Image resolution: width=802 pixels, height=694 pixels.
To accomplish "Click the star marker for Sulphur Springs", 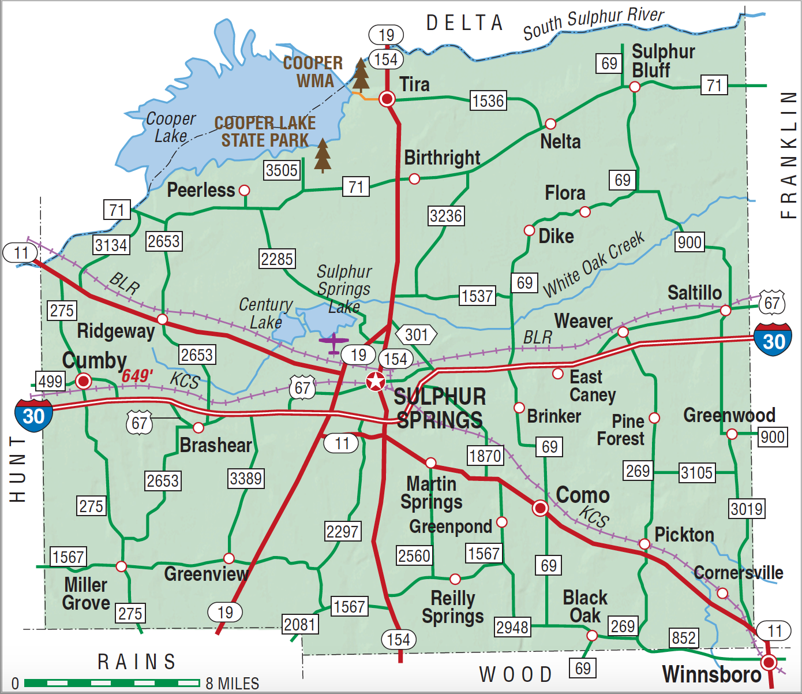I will [376, 381].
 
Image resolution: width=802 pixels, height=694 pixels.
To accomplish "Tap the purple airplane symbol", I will [333, 343].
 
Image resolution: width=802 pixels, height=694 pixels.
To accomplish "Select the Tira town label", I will [414, 84].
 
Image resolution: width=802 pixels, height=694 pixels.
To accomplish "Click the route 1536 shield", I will [488, 101].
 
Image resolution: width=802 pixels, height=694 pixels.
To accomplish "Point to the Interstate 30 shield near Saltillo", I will [773, 340].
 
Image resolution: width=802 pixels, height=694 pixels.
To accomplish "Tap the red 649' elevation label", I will [137, 376].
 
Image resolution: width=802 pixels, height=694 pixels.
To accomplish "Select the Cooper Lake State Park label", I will [265, 132].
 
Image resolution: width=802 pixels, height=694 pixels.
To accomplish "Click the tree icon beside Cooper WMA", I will [361, 74].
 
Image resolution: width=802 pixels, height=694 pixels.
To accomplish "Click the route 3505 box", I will [282, 170].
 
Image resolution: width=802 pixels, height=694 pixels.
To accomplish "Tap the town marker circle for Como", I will [540, 508].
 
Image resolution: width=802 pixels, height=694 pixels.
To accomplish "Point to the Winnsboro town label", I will [711, 674].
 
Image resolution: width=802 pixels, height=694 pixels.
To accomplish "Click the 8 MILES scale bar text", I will [233, 684].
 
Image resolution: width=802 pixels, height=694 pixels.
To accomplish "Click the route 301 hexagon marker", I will [417, 335].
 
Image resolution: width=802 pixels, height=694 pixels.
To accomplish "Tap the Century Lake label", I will [265, 313].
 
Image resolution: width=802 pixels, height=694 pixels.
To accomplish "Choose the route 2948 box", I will [512, 627].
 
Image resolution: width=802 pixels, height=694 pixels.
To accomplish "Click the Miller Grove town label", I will [86, 594].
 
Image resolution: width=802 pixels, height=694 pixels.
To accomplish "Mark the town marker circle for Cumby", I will [84, 381].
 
